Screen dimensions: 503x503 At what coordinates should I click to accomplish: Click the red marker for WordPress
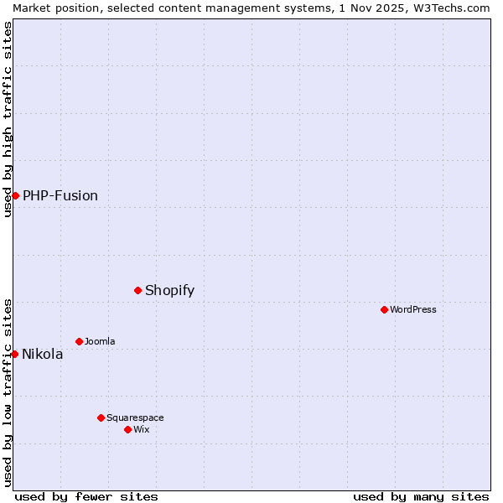coord(384,309)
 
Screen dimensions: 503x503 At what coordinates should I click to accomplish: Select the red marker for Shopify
coord(137,290)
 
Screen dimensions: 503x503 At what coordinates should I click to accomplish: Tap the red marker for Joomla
coord(79,341)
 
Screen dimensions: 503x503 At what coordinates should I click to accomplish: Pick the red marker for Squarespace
coord(101,417)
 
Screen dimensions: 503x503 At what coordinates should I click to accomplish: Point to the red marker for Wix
coord(127,429)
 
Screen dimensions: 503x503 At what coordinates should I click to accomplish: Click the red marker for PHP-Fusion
coord(15,195)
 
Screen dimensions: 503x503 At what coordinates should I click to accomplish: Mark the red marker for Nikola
coord(14,354)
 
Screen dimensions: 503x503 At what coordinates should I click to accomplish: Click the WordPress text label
coord(413,309)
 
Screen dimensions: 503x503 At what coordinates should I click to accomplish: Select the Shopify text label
coord(169,290)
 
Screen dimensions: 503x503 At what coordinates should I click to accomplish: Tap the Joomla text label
coord(100,341)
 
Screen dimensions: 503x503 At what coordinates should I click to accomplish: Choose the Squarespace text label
coord(135,417)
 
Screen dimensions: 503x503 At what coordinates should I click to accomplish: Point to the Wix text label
coord(142,429)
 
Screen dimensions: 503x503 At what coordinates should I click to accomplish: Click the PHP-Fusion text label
coord(60,195)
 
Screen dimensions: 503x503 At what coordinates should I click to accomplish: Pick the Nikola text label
coord(43,354)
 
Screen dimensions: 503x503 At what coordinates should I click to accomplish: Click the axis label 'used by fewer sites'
coord(86,496)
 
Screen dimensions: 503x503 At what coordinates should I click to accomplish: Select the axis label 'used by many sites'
coord(421,496)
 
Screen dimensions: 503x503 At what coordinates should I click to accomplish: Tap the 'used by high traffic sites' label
coord(8,119)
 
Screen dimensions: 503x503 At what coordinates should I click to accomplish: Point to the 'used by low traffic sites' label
coord(8,392)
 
